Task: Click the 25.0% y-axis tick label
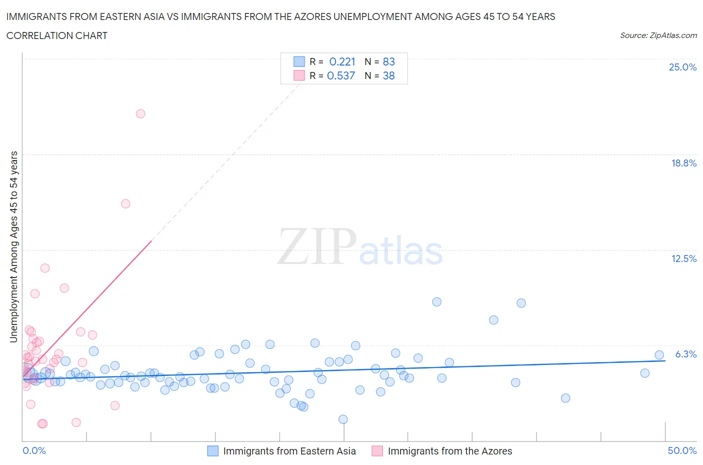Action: [x=682, y=67]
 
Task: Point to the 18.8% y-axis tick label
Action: [x=683, y=163]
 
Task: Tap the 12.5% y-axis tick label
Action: [x=683, y=258]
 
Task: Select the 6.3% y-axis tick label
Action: [x=685, y=354]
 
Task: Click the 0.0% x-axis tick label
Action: [x=34, y=450]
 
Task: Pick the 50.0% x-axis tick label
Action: [x=682, y=450]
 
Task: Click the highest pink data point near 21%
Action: [x=140, y=113]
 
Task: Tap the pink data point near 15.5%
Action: [x=125, y=203]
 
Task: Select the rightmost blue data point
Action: [x=659, y=355]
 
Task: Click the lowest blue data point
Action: [x=343, y=419]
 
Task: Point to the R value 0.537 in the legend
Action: [x=341, y=75]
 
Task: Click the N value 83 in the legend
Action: [x=388, y=61]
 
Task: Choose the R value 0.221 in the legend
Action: [x=342, y=61]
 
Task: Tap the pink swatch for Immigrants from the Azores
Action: [x=377, y=451]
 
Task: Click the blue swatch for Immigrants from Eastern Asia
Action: [x=212, y=451]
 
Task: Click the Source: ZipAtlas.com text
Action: [x=658, y=35]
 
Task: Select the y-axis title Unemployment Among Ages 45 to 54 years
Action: [x=13, y=246]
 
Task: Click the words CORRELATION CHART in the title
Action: [x=57, y=35]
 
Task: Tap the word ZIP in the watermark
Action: [x=317, y=246]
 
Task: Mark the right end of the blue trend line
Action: [x=665, y=360]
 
